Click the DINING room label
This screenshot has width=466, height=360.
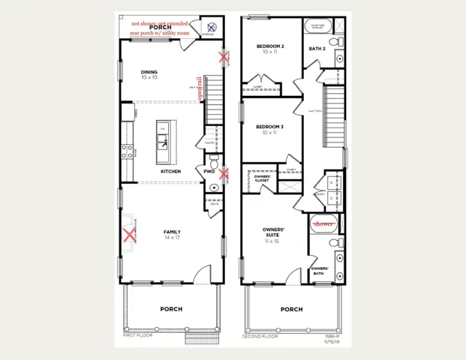[x=149, y=73]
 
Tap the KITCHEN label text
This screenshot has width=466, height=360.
[x=170, y=171]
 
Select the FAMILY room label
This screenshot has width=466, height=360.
[x=172, y=232]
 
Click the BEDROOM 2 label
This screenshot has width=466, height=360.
[x=270, y=46]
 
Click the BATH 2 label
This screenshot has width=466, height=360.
[x=317, y=49]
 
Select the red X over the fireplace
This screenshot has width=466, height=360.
[x=130, y=235]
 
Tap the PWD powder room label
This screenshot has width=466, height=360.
[x=209, y=171]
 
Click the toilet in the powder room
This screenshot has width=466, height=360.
[x=214, y=163]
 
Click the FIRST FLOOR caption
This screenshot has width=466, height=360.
[x=138, y=335]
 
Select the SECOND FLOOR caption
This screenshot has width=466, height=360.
[x=260, y=337]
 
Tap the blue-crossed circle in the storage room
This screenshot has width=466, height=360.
[x=211, y=28]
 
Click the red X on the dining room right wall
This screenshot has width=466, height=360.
[x=223, y=56]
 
